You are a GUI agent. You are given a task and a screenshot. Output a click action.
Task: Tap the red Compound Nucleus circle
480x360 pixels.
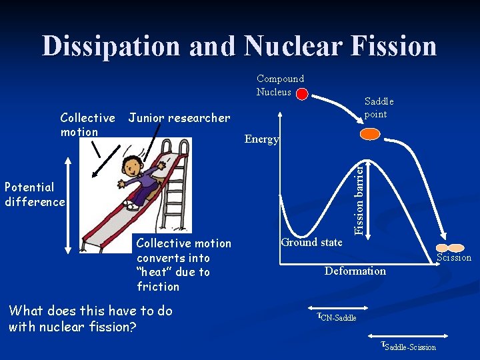[302, 95]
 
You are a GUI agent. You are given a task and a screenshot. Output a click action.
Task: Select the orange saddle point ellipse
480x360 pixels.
[369, 134]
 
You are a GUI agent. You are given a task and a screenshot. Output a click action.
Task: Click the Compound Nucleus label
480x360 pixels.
[280, 85]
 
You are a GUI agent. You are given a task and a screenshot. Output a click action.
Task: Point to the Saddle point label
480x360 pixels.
[379, 107]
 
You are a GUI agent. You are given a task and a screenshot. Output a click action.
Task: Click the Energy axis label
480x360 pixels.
[261, 139]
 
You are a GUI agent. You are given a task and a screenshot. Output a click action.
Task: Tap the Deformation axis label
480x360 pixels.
[355, 271]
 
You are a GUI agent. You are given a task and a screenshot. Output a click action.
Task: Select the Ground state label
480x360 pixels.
[311, 242]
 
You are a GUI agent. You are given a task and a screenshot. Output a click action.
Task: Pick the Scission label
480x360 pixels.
[453, 257]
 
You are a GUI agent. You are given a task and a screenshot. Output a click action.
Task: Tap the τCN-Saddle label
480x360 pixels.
[337, 316]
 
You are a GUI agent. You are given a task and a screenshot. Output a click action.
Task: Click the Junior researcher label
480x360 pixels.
[179, 118]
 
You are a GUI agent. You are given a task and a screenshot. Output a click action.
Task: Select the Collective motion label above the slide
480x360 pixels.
[87, 125]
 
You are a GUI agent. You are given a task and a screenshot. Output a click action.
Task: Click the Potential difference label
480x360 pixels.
[35, 195]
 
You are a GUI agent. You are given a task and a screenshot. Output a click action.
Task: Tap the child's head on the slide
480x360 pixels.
[135, 166]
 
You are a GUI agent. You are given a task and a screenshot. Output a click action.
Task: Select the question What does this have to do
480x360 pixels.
[90, 311]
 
